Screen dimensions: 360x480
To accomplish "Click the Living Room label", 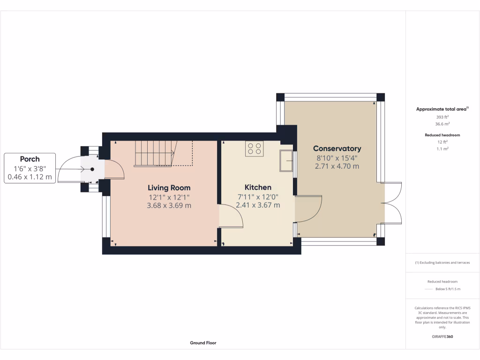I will point(169,187).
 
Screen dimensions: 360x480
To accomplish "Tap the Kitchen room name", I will point(258,187).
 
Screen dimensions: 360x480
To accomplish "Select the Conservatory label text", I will point(337,149).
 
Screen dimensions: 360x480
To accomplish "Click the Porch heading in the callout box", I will point(30,159).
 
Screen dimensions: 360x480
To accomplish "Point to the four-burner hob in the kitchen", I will point(254,149).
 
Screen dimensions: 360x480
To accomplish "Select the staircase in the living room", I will point(155,153).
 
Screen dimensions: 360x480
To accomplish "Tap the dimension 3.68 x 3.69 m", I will point(169,205).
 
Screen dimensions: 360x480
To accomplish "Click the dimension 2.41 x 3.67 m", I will point(258,205).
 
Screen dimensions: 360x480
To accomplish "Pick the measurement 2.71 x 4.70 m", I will point(337,166).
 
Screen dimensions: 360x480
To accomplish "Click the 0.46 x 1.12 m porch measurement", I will point(30,177).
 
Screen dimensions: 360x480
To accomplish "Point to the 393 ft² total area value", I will point(442,117).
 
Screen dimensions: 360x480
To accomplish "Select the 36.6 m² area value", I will point(442,124).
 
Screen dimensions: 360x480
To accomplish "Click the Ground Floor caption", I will point(203,343).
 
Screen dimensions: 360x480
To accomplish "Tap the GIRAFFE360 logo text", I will point(442,337).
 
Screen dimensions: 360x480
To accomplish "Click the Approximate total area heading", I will point(442,109).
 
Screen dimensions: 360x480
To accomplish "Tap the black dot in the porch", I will point(92,169).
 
